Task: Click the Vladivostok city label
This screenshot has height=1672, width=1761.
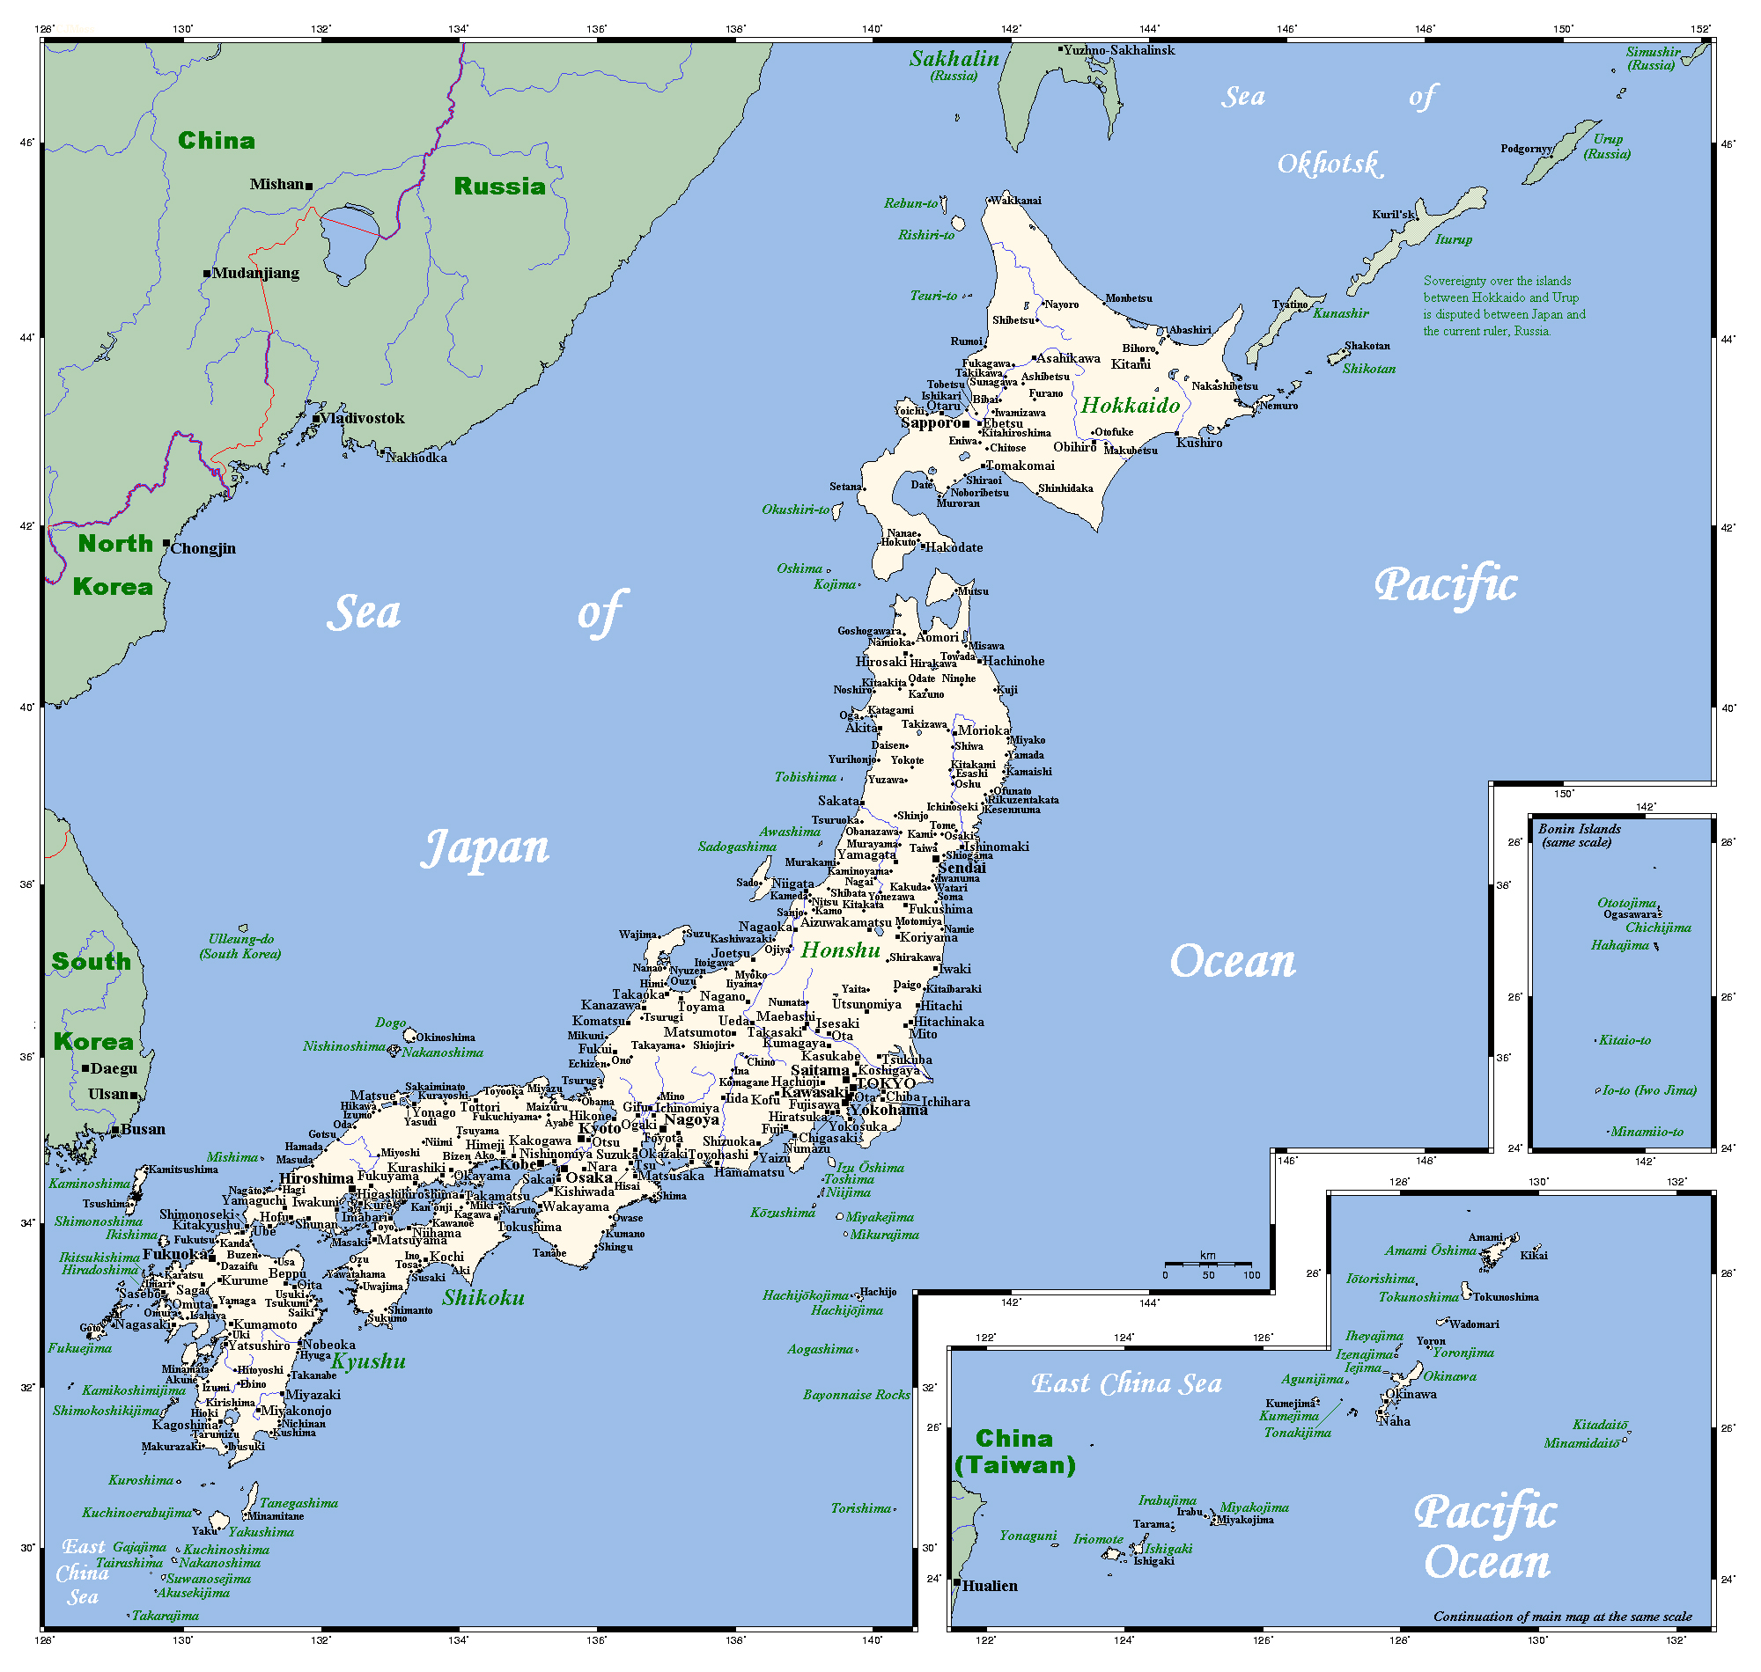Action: tap(362, 418)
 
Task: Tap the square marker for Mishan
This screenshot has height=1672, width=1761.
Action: tap(309, 187)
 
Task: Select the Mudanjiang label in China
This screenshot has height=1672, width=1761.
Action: tap(256, 273)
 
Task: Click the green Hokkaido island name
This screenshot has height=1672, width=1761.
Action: tap(1131, 406)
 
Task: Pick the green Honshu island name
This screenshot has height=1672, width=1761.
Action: tap(840, 950)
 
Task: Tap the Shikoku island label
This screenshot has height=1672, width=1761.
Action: tap(483, 1298)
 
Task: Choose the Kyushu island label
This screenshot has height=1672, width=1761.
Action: tap(368, 1361)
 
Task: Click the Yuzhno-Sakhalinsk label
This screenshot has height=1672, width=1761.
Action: tap(1119, 50)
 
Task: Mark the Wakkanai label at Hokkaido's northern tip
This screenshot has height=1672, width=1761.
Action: tap(1015, 201)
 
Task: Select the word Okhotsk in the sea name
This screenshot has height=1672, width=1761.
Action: tap(1329, 164)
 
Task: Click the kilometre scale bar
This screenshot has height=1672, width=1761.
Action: tap(1207, 1264)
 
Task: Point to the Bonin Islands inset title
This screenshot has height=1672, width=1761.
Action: tap(1579, 835)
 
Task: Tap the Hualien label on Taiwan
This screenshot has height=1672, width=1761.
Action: tap(990, 1586)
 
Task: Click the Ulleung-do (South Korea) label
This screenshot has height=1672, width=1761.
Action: tap(240, 947)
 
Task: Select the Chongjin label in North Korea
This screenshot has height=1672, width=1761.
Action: tap(203, 548)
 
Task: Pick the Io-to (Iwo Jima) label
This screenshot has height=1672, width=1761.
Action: tap(1648, 1090)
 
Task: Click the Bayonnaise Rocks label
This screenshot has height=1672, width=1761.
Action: tap(856, 1395)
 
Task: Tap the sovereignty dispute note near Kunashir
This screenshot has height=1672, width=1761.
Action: tap(1504, 305)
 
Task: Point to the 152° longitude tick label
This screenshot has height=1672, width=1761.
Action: tap(1700, 28)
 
